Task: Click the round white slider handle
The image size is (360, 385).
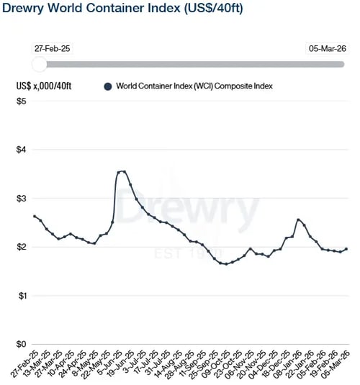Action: pyautogui.click(x=40, y=65)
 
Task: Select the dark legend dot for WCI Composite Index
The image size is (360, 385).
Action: pyautogui.click(x=108, y=86)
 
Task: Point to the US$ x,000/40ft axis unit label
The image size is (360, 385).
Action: pyautogui.click(x=45, y=86)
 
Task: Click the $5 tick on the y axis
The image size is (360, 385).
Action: pyautogui.click(x=22, y=101)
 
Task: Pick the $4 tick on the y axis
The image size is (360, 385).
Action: pyautogui.click(x=22, y=150)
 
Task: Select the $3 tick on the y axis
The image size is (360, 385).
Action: pyautogui.click(x=22, y=198)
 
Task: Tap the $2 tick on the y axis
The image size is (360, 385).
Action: pyautogui.click(x=22, y=247)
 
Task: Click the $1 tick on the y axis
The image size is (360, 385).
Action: pyautogui.click(x=22, y=296)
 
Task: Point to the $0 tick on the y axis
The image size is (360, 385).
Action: pyautogui.click(x=22, y=344)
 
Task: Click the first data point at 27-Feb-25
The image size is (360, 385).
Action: pyautogui.click(x=35, y=216)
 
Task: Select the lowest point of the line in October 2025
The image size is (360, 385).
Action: pyautogui.click(x=226, y=264)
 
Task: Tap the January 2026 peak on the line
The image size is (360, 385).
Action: pyautogui.click(x=298, y=219)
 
